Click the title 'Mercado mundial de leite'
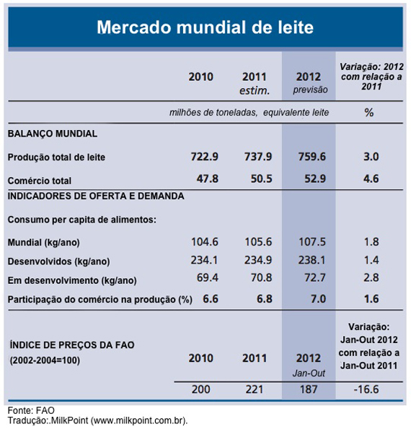point(205,28)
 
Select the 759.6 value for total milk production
point(311,157)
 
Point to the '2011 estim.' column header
point(255,83)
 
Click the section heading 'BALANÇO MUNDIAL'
point(52,134)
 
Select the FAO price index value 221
point(255,389)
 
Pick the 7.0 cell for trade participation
point(311,298)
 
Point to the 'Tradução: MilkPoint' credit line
point(98,420)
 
